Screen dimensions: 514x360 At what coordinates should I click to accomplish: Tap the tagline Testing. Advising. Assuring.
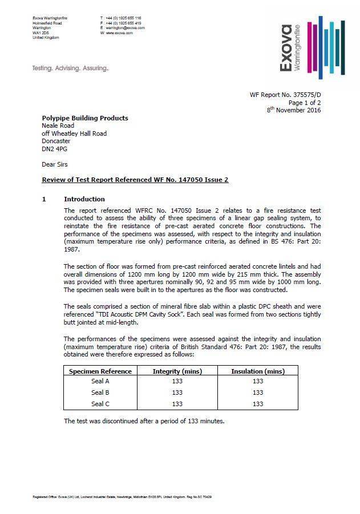tap(70, 68)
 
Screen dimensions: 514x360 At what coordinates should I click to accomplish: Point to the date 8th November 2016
tap(294, 110)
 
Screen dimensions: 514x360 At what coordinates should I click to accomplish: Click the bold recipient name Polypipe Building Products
tap(85, 118)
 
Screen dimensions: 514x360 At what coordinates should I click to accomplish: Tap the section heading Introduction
tap(84, 199)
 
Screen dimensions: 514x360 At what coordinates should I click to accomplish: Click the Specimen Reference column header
tap(100, 371)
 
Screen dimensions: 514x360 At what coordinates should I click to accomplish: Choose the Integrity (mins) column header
tap(177, 371)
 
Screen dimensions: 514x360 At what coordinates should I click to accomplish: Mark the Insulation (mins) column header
tap(257, 371)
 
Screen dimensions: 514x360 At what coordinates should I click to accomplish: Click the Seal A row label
tap(100, 381)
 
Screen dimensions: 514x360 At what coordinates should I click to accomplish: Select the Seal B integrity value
tap(177, 392)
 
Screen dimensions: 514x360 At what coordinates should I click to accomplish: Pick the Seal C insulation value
tap(258, 404)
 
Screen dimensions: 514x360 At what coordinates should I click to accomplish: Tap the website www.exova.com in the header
tap(119, 33)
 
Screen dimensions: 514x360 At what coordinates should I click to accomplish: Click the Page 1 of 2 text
tap(304, 102)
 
